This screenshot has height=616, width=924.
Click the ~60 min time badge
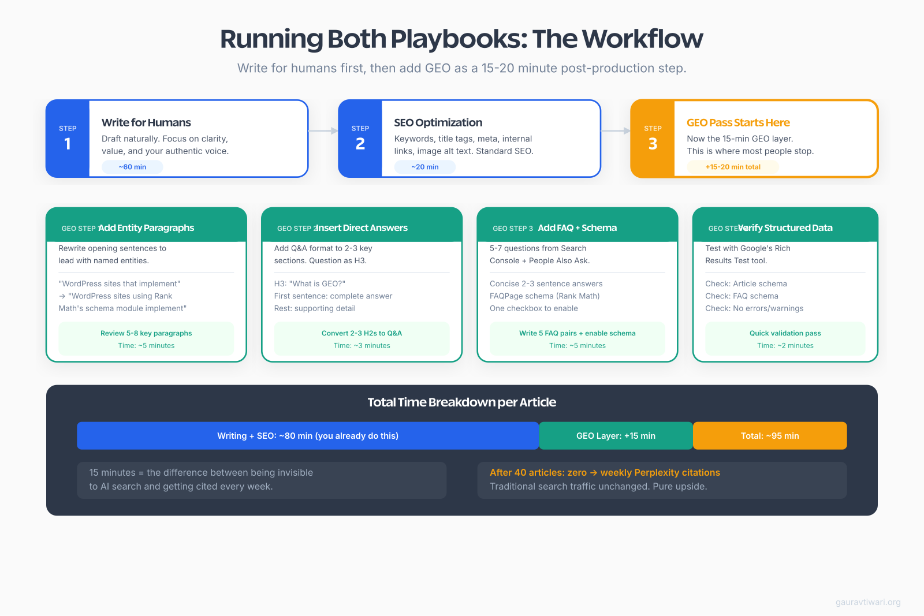(x=132, y=167)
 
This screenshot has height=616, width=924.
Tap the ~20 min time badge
(x=425, y=167)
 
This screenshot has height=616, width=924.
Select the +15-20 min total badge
(x=733, y=167)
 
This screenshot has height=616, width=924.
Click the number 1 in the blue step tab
(x=68, y=144)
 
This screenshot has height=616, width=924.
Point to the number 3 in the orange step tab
(x=653, y=144)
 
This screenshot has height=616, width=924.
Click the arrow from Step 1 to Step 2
(x=323, y=131)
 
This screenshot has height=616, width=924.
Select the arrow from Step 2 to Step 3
(x=616, y=131)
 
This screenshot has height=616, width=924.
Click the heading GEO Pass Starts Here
(x=738, y=122)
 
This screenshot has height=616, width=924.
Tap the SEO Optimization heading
(x=438, y=122)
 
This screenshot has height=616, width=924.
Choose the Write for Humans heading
(x=146, y=122)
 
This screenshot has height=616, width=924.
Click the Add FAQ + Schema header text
(x=577, y=227)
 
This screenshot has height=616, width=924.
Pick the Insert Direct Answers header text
(x=362, y=227)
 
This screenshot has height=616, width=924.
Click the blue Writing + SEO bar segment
(x=308, y=436)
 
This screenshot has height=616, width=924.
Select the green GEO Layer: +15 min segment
(x=616, y=436)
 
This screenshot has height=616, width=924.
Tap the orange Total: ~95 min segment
(x=770, y=436)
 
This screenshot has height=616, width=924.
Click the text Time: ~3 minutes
(x=362, y=346)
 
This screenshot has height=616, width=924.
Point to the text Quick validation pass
(x=785, y=333)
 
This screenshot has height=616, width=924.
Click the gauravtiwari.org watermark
(x=867, y=602)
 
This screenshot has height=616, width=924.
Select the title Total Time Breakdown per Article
(x=462, y=402)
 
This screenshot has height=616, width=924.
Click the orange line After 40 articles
(x=605, y=472)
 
